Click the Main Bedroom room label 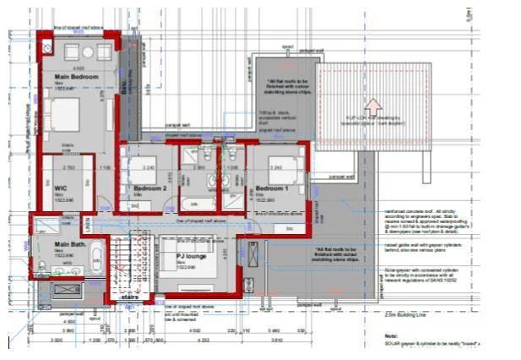(77, 77)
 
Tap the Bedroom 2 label (149, 188)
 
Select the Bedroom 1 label (272, 188)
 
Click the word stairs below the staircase (129, 297)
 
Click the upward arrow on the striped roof (376, 106)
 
